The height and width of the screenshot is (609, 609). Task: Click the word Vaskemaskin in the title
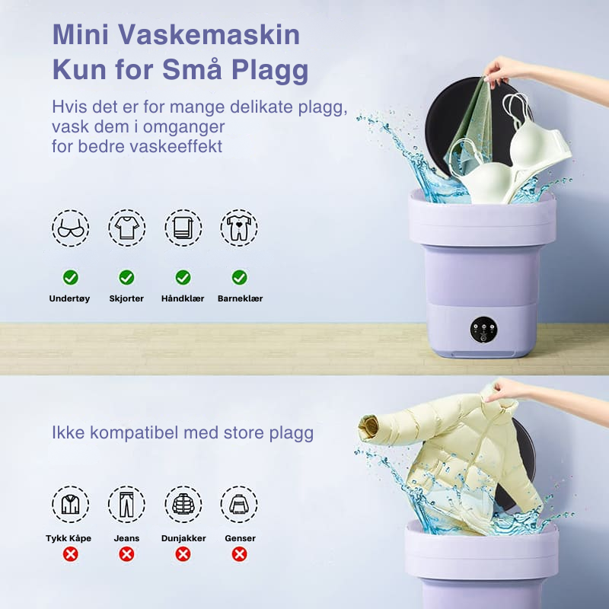[x=209, y=35]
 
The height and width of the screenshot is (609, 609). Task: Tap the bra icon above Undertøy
[x=70, y=228]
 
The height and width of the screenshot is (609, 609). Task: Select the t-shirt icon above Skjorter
[x=126, y=228]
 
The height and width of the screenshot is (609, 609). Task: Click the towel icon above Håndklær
[x=183, y=228]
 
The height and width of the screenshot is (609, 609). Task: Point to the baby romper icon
[x=239, y=228]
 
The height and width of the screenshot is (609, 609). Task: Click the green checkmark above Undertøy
[x=70, y=278]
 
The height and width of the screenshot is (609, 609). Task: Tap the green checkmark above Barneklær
[x=239, y=278]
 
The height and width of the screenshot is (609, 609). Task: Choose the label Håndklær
[x=183, y=298]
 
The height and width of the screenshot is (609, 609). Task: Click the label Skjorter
[x=126, y=298]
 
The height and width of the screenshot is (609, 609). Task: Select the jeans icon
[x=126, y=504]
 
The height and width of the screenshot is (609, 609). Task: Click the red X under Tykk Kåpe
[x=70, y=554]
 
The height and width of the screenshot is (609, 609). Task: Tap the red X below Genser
[x=239, y=554]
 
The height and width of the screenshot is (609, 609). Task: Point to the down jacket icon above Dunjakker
[x=183, y=504]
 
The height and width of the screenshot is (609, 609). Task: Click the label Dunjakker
[x=183, y=538]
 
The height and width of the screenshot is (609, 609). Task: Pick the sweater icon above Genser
[x=239, y=504]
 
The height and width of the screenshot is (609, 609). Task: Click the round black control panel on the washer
[x=484, y=330]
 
